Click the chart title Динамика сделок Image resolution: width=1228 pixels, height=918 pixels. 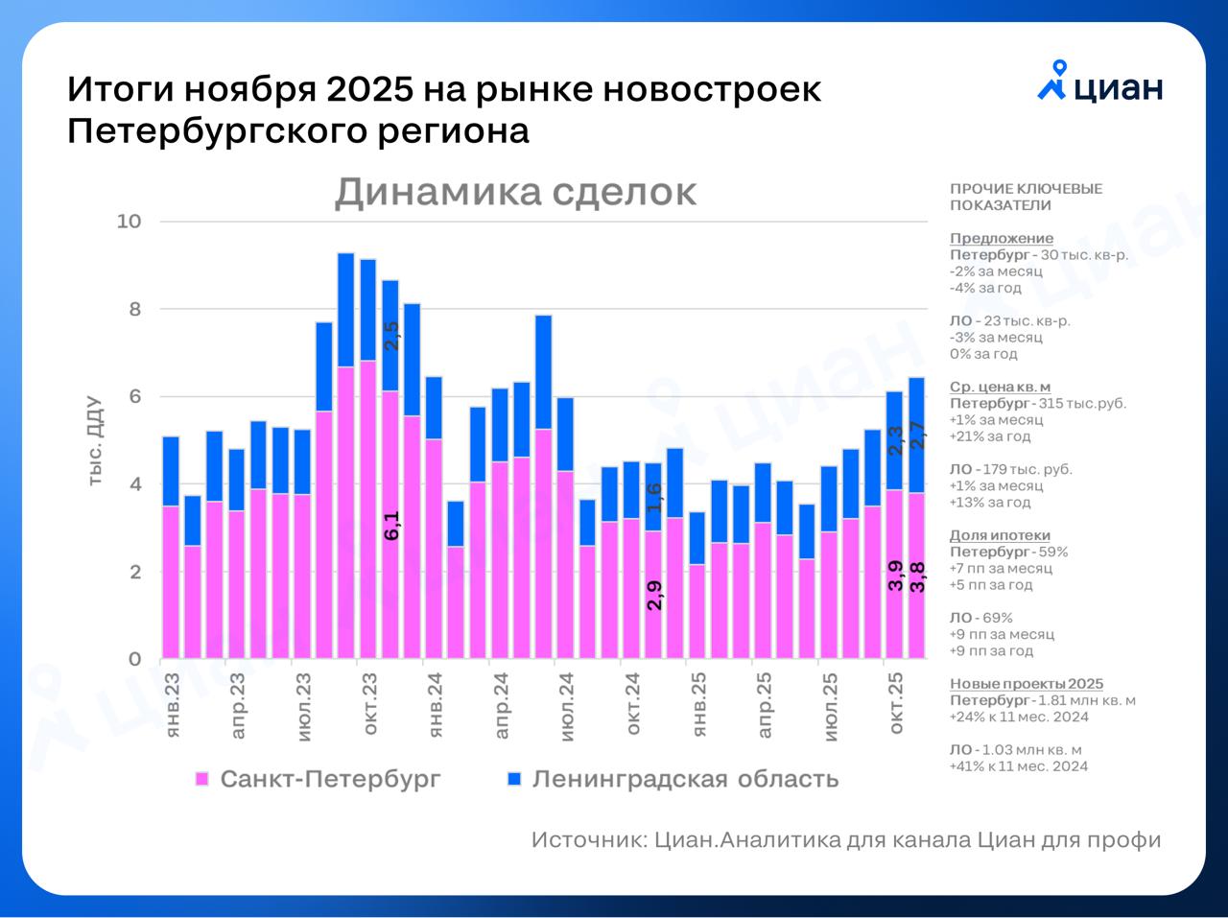[x=515, y=192]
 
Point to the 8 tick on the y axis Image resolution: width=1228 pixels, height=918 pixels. [x=134, y=309]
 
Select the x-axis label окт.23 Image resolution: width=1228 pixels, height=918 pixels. [x=369, y=703]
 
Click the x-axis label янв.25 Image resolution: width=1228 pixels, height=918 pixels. [x=698, y=704]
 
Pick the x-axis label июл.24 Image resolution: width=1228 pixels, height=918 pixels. [x=567, y=706]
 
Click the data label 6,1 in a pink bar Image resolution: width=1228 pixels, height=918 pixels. [x=391, y=526]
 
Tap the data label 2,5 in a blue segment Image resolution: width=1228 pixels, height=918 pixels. [x=391, y=336]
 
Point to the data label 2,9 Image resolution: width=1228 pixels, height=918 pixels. [x=654, y=595]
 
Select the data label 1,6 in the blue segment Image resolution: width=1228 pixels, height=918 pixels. [x=654, y=497]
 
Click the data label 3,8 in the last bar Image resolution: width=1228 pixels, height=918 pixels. [x=917, y=577]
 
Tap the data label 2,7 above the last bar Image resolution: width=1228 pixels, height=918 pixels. [x=917, y=436]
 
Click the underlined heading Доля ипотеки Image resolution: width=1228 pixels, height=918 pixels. [x=1000, y=535]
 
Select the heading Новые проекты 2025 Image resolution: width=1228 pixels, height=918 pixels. [x=1026, y=684]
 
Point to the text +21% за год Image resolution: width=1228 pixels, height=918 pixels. [x=990, y=436]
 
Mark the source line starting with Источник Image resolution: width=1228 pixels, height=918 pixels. [x=845, y=840]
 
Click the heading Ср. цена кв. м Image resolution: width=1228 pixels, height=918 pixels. [x=1000, y=387]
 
